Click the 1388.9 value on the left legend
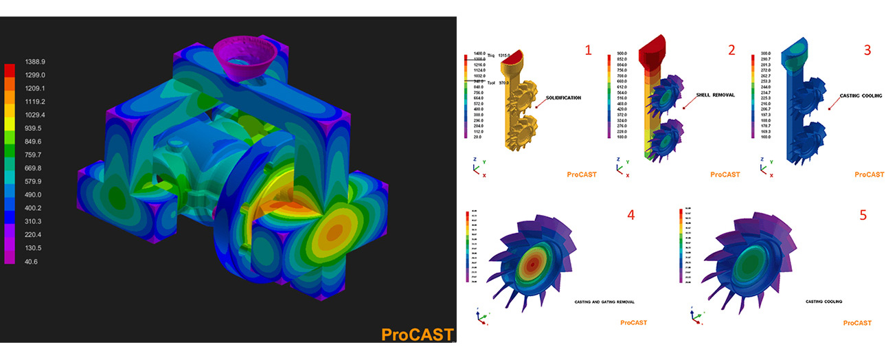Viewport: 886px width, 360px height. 34,61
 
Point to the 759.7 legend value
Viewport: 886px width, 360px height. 34,155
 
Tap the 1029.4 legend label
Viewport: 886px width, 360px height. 34,115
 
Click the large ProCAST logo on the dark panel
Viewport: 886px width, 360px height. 417,335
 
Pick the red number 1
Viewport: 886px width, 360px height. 587,49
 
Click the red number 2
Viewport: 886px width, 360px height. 731,49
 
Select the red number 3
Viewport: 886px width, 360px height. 867,49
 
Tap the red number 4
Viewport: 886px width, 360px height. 630,214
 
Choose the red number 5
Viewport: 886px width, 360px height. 863,215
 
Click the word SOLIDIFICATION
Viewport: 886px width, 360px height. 563,98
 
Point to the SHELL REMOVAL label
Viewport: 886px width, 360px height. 715,95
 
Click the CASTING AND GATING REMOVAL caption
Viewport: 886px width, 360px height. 604,302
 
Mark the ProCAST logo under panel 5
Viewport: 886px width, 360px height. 857,323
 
